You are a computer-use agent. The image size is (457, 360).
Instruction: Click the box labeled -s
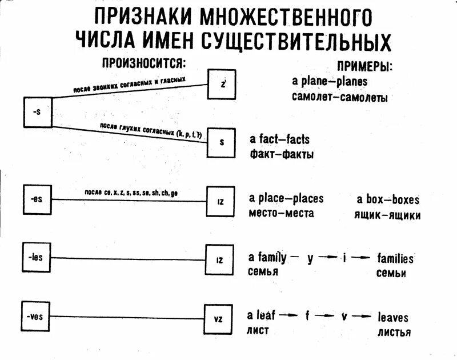tap(38, 112)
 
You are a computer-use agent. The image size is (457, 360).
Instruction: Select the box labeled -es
tap(37, 200)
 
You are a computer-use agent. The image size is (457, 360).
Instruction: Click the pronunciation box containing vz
tap(218, 319)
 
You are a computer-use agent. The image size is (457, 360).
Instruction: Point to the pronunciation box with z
tap(222, 85)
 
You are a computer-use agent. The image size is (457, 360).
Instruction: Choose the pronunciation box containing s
tap(221, 142)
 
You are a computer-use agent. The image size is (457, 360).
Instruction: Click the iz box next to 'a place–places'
tap(220, 201)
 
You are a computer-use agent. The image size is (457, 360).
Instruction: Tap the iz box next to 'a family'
tap(219, 260)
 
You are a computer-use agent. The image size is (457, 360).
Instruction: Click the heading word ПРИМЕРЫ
tap(366, 66)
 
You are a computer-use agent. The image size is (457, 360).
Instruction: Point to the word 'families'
tap(395, 258)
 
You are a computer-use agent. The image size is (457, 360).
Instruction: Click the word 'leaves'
tap(393, 317)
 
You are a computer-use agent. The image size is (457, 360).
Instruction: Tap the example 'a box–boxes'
tap(388, 200)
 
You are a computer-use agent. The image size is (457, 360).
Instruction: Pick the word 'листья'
tap(394, 332)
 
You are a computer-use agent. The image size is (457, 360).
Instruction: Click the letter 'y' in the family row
tap(310, 258)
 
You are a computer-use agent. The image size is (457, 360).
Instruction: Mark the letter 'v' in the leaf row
tap(344, 316)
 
